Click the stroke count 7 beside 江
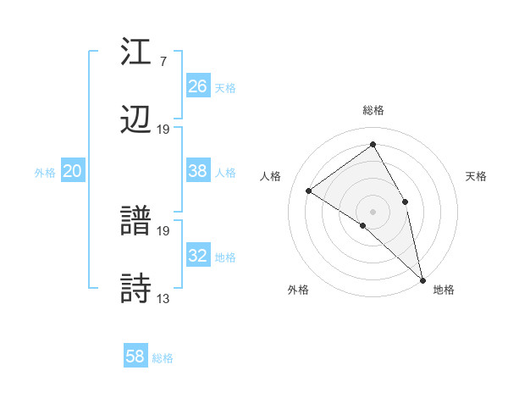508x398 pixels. point(163,62)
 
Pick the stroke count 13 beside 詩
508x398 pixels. point(163,298)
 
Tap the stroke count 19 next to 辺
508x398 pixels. point(163,129)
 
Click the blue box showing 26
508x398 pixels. point(197,86)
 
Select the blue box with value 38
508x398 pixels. point(197,171)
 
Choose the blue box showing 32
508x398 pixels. point(197,256)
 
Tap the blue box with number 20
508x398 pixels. point(72,171)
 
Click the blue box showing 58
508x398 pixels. point(135,357)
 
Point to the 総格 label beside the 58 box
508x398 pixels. point(163,358)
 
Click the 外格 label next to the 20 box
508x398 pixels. point(45,173)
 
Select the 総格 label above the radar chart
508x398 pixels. point(373,110)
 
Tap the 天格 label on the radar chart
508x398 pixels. point(476,176)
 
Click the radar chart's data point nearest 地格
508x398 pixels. point(422,279)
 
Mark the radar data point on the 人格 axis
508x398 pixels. point(309,191)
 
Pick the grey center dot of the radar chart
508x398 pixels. point(373,211)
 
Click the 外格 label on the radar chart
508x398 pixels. point(298,290)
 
